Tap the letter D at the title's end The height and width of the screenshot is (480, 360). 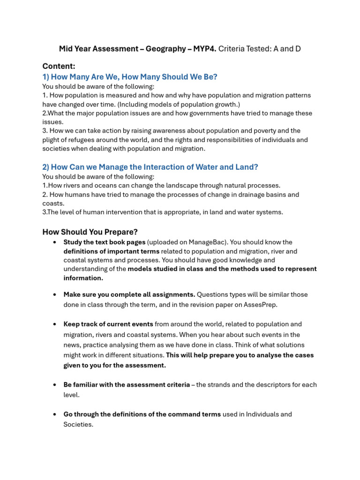297,49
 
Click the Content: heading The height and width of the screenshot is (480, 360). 59,66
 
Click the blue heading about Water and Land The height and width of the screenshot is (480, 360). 150,167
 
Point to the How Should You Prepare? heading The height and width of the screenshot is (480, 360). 90,232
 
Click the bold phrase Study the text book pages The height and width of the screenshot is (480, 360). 105,242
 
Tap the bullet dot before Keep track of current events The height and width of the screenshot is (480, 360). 55,324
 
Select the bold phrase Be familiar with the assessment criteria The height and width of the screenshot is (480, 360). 127,385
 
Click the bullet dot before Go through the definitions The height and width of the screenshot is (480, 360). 55,414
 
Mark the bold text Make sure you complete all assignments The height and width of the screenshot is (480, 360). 129,295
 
